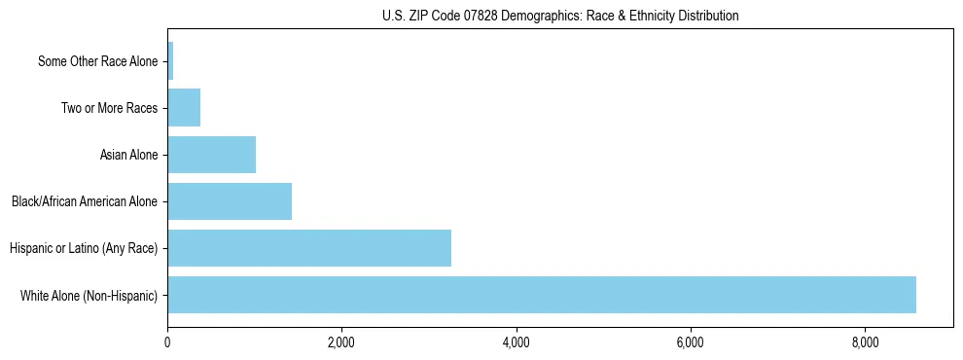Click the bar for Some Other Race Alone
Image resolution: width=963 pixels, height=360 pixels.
tap(170, 61)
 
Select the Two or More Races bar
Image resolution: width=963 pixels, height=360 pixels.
tap(184, 108)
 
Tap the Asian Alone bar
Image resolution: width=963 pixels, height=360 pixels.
tap(211, 155)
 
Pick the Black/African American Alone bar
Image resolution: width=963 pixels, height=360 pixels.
tap(230, 201)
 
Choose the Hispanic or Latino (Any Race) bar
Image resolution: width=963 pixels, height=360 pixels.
tap(309, 248)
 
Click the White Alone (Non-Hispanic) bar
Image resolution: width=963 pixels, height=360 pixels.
tap(542, 295)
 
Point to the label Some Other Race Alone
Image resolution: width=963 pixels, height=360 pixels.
tap(97, 62)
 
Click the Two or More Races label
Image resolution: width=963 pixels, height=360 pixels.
tap(109, 109)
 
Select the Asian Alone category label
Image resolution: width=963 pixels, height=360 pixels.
tap(128, 156)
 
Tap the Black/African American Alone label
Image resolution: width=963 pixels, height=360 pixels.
tap(84, 202)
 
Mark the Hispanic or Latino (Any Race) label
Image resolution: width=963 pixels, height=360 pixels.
tap(83, 249)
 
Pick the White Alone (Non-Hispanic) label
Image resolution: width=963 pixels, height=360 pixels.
tap(89, 296)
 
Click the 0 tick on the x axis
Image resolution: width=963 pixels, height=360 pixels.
tap(167, 342)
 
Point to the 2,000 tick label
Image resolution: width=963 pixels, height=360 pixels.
tap(341, 342)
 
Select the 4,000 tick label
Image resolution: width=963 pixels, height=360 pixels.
tap(516, 342)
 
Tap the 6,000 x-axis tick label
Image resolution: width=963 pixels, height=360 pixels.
tap(690, 342)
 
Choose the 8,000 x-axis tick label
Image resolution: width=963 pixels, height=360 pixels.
tap(864, 342)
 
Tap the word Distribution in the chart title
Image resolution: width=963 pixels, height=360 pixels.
tap(700, 16)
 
